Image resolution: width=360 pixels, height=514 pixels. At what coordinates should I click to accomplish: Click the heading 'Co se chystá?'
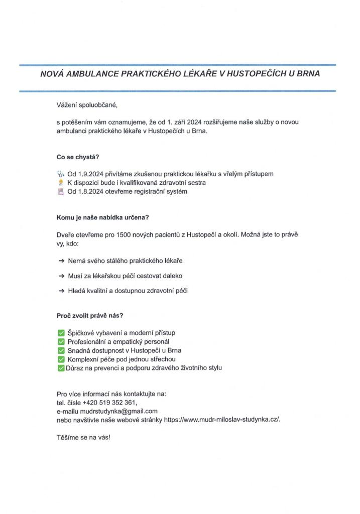coord(78,156)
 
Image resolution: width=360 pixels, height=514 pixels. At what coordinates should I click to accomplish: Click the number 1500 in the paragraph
coord(124,234)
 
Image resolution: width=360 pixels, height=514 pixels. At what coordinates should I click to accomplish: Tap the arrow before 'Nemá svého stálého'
coord(61,262)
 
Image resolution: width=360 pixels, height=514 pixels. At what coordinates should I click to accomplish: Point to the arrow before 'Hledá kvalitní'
coord(61,291)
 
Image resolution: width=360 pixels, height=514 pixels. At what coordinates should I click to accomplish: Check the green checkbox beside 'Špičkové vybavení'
coord(61,332)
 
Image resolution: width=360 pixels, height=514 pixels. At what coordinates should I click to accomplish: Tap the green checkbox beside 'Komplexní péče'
coord(61,359)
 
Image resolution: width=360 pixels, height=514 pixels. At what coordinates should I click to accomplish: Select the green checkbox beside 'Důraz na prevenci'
coord(61,368)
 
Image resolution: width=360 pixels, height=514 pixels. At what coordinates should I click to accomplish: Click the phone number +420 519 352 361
coord(111,403)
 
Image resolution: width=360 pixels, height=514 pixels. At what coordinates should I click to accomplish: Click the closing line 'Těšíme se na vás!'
coord(83,438)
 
